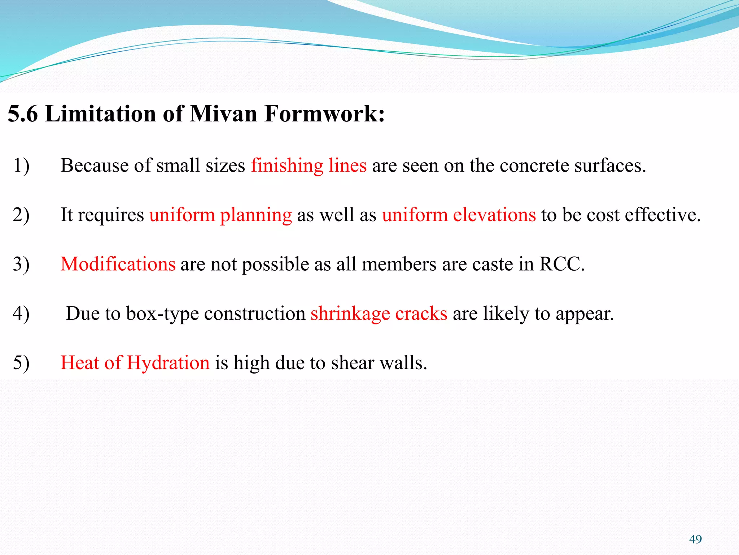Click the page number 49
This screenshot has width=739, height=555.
695,539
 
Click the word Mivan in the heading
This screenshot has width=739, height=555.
223,114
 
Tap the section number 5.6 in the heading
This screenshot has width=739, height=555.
23,114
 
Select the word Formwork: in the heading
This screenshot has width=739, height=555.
324,114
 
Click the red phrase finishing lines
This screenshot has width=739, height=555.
309,165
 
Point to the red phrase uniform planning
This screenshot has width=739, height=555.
220,215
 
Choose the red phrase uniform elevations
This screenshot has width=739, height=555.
459,215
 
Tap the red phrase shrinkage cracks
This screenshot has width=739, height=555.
379,313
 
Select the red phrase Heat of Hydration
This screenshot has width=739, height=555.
135,362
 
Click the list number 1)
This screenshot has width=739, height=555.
21,165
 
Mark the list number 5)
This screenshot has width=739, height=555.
21,362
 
